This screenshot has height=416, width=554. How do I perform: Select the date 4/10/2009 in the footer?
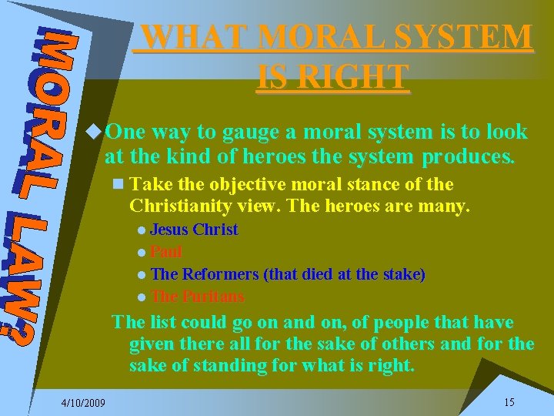[x=84, y=402]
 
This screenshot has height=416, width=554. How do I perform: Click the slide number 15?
[x=509, y=401]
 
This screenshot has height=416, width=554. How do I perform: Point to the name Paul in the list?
[x=166, y=252]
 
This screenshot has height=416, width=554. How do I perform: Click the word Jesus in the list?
[x=169, y=230]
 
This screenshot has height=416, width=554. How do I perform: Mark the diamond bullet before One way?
[x=94, y=132]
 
